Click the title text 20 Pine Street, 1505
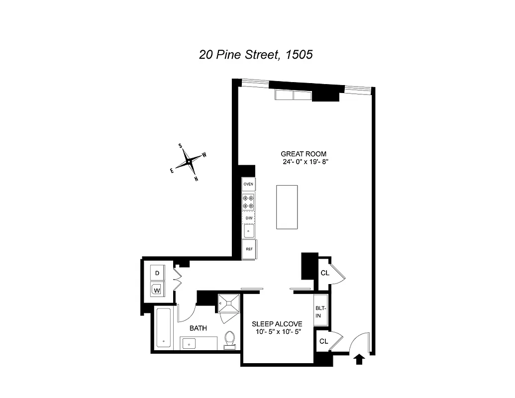[x=256, y=54]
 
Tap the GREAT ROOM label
[x=304, y=154]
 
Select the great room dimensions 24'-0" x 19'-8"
[x=304, y=162]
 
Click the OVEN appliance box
[x=248, y=184]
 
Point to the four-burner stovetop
[x=248, y=202]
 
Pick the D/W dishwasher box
[x=248, y=218]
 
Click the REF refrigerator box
[x=248, y=249]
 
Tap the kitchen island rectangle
[x=287, y=207]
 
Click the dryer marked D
[x=157, y=273]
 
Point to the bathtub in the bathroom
[x=163, y=328]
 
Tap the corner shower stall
[x=228, y=303]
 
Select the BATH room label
[x=198, y=328]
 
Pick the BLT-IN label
[x=320, y=311]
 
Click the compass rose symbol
[x=190, y=162]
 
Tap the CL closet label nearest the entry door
[x=324, y=341]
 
